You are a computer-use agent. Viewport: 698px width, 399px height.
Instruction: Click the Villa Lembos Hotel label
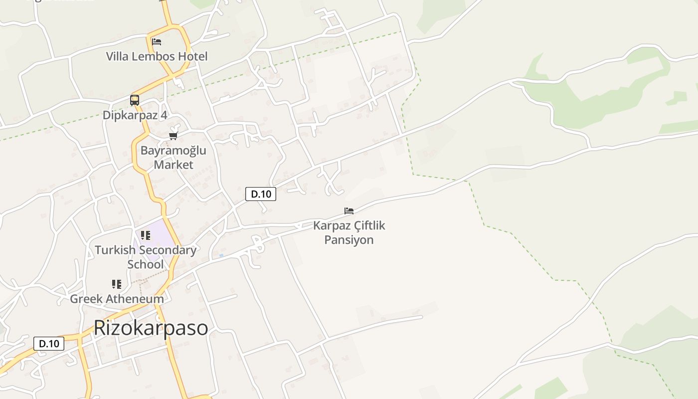coord(157,56)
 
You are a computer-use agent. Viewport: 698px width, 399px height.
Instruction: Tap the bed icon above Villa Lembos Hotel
coord(157,41)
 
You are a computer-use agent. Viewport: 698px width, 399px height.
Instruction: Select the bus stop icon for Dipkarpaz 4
coord(135,100)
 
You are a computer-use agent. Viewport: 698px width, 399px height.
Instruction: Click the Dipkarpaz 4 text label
coord(135,115)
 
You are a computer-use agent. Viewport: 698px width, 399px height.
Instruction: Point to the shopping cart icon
coord(174,135)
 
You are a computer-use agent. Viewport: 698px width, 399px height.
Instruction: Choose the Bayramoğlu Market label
coord(173,157)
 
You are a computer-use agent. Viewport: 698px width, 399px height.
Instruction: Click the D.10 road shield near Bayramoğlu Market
coord(261,194)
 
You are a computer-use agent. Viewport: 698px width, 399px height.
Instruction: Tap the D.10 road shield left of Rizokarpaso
coord(49,343)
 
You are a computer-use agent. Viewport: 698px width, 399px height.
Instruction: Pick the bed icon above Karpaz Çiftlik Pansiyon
coord(349,211)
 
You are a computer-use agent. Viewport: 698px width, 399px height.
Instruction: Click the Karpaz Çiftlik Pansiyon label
coord(349,232)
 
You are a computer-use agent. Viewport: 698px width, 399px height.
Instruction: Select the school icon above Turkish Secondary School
coord(146,235)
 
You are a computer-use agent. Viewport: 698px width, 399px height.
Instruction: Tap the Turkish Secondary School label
coord(146,257)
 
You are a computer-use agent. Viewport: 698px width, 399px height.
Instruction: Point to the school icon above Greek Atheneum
coord(117,284)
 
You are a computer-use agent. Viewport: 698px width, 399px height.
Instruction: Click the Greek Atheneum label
coord(117,299)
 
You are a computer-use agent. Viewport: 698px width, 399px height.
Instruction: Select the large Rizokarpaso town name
coord(151,328)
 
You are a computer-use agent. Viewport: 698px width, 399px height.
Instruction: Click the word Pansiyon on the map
coord(349,240)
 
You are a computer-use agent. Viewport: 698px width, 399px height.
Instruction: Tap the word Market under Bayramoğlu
coord(173,165)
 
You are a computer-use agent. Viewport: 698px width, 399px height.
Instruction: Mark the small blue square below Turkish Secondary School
coord(221,255)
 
